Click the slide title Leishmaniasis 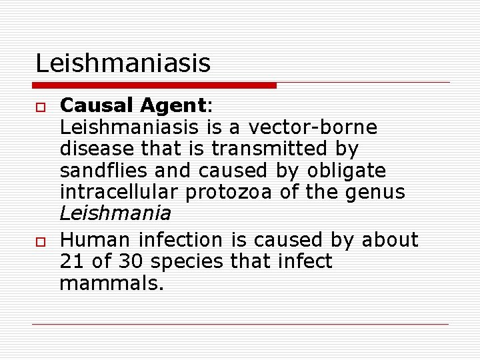(123, 63)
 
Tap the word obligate (346, 171)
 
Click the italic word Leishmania (115, 214)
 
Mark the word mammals (111, 283)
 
